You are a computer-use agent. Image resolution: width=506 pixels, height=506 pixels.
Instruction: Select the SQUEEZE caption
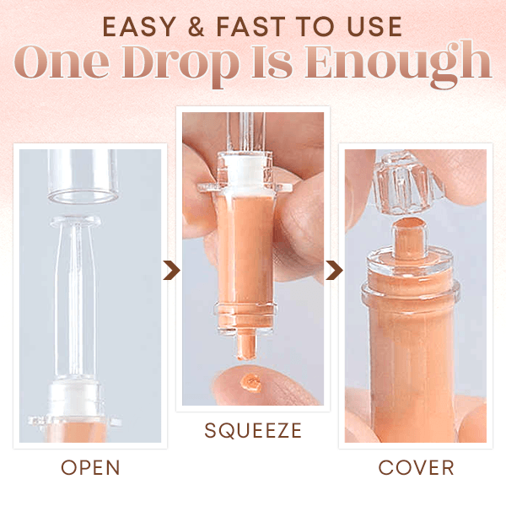[x=253, y=431]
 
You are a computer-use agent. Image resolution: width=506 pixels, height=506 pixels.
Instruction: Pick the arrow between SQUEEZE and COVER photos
[x=335, y=270]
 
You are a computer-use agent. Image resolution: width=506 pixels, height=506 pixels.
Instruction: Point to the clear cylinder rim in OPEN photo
[x=81, y=196]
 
